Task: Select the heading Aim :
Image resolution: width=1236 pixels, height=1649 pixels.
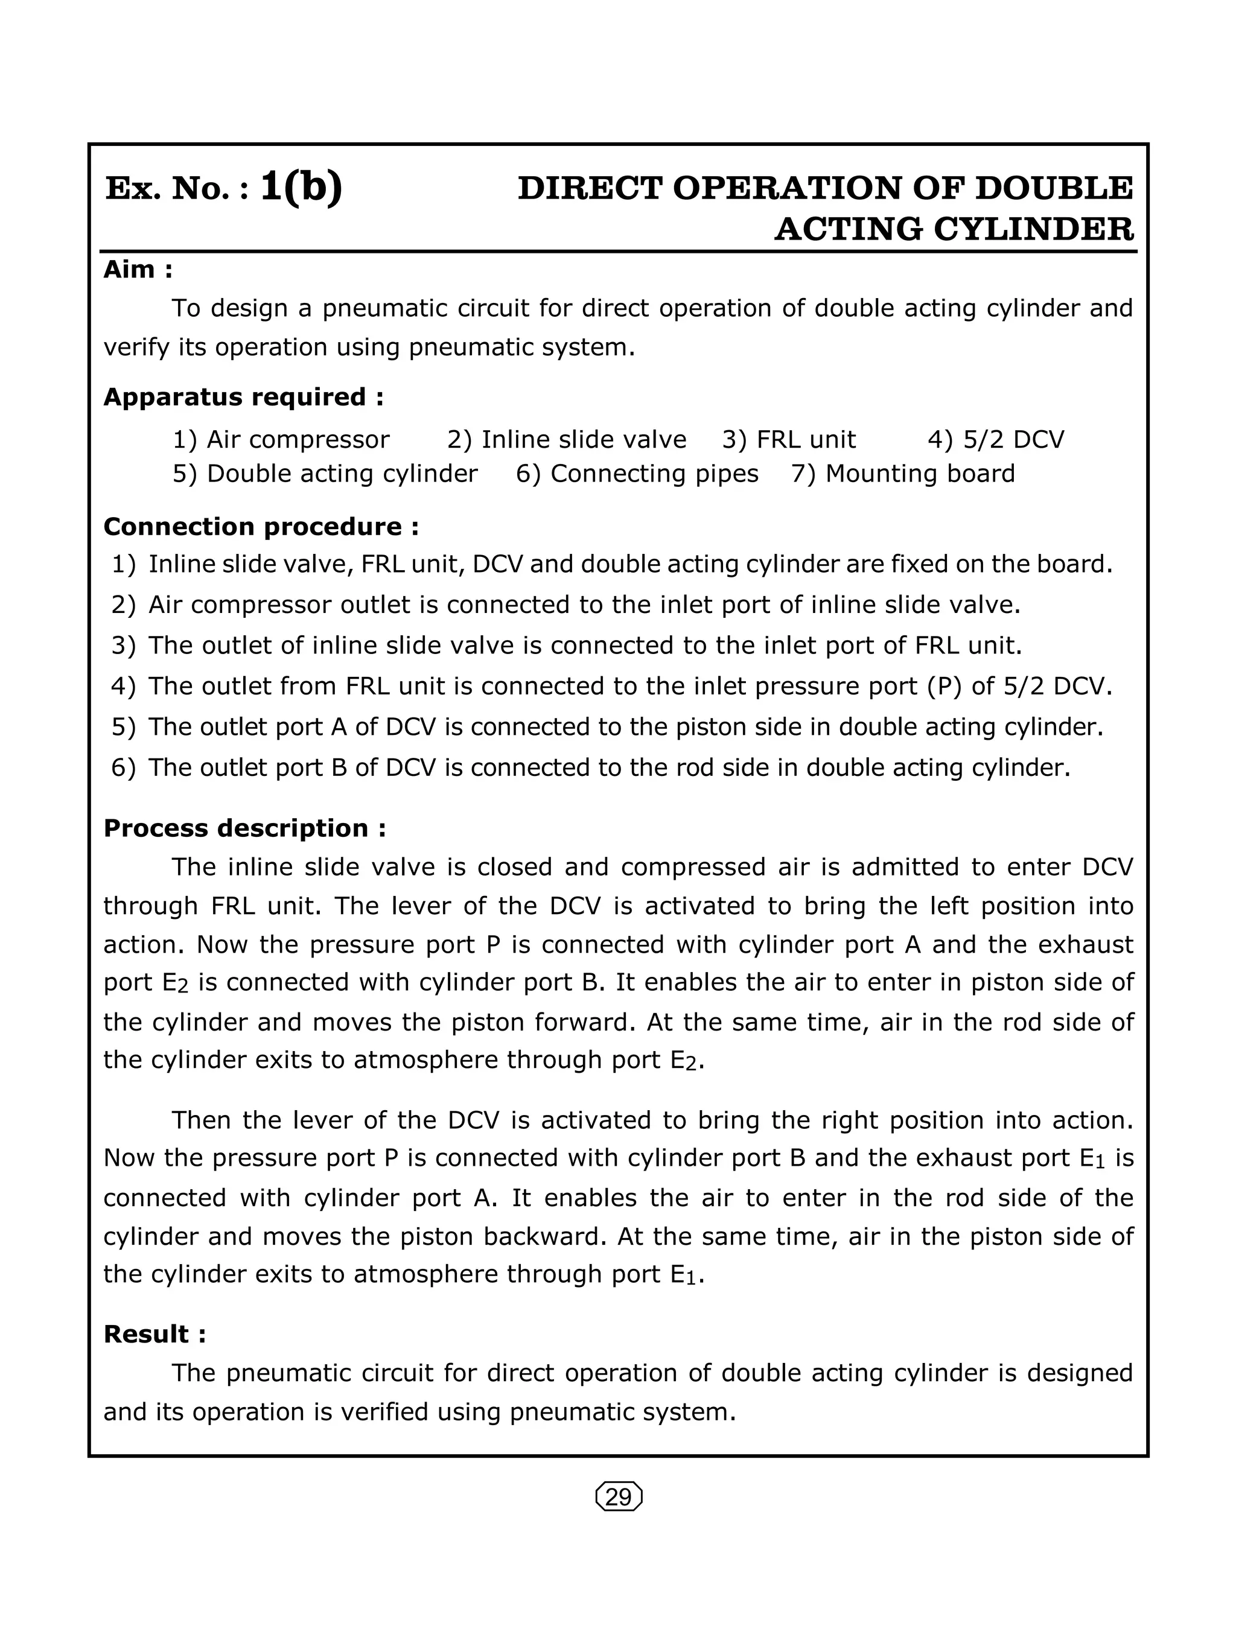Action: (x=138, y=269)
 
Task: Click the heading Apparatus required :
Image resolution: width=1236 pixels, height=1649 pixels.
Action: (x=243, y=396)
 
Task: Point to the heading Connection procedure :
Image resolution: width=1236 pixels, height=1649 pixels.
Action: (x=261, y=526)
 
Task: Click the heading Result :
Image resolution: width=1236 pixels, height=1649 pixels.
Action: (x=154, y=1333)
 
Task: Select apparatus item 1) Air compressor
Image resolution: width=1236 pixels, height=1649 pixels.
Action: (x=281, y=440)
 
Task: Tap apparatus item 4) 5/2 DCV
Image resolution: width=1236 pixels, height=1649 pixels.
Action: (x=995, y=440)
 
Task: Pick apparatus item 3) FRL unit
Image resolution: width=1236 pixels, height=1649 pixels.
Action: (x=789, y=440)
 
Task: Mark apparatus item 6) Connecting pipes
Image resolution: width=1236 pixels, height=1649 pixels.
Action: (x=637, y=474)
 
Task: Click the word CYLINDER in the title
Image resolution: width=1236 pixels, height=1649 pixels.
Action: (x=1033, y=229)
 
